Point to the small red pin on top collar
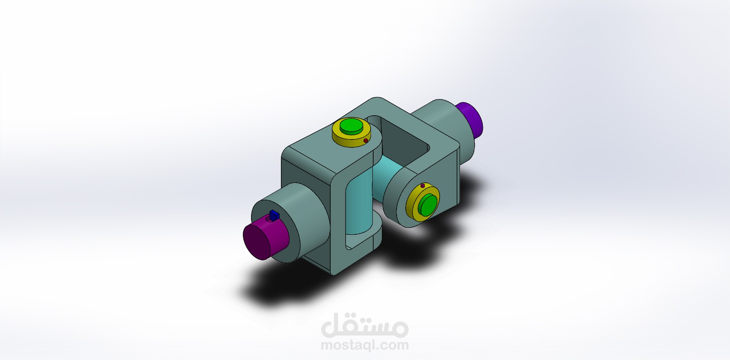(x=366, y=141)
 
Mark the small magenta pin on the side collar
(x=423, y=186)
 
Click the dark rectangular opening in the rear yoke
(x=405, y=143)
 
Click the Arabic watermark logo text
(x=364, y=327)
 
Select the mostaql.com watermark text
(x=364, y=345)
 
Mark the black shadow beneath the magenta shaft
(x=277, y=290)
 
